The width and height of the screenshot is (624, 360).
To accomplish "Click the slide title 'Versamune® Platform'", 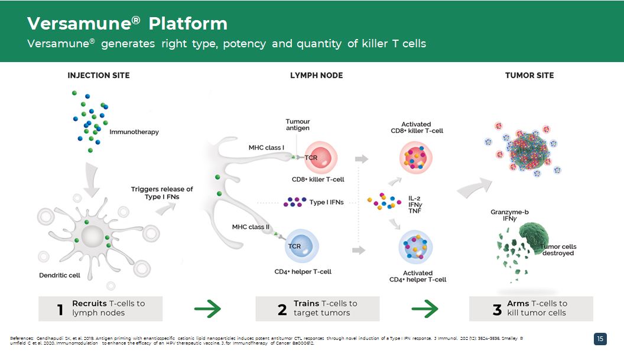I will (127, 24).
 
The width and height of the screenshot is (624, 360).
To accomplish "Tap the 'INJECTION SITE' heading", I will (99, 76).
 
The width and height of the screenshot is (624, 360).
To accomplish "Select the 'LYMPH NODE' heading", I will (316, 76).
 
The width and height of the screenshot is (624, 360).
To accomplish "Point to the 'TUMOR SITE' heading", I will (529, 76).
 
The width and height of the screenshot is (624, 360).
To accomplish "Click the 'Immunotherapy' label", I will (134, 132).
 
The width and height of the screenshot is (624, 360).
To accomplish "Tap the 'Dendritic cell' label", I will (60, 275).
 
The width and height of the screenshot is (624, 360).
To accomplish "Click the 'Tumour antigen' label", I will (298, 125).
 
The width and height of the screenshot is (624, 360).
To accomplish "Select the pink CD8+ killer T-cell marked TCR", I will (319, 158).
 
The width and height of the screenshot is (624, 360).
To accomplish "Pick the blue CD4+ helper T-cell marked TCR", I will (301, 246).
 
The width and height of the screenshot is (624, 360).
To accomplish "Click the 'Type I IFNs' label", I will (326, 203).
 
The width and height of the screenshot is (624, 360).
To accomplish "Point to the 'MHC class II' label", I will (251, 227).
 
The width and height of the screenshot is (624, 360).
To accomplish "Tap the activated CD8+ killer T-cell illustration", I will (416, 157).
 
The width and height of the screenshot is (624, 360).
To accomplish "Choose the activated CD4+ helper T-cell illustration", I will (416, 247).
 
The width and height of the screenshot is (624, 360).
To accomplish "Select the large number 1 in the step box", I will (60, 310).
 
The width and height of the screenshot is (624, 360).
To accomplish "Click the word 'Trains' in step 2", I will (306, 303).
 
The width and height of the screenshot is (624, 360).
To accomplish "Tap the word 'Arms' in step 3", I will (518, 303).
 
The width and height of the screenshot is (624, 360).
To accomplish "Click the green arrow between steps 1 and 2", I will (207, 309).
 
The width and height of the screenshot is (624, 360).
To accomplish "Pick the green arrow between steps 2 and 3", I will (424, 309).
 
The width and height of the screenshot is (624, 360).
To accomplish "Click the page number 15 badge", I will (600, 339).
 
